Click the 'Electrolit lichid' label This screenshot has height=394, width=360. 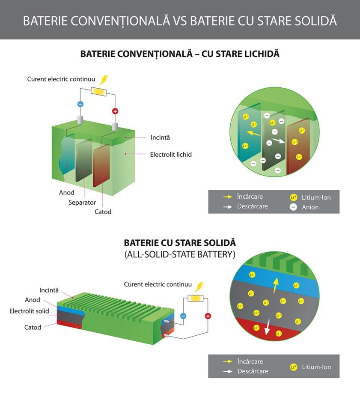170,154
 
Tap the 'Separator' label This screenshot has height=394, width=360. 82,202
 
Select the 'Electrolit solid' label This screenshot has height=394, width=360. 29,311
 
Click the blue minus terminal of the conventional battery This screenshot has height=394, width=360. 80,104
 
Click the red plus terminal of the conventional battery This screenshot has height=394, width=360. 115,111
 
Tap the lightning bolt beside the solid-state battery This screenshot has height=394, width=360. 199,287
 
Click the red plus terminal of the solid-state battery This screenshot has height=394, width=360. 208,316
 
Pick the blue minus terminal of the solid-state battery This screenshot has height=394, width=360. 183,316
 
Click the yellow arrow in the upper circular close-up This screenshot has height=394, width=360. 254,134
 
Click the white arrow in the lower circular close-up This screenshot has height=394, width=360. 268,327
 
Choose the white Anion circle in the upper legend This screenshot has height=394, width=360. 293,207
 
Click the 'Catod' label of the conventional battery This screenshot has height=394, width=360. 103,212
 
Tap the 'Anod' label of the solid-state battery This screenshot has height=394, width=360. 33,300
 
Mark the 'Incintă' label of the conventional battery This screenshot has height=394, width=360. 160,137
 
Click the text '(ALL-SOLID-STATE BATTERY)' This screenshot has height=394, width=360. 180,254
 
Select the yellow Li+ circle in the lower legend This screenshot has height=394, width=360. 293,367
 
